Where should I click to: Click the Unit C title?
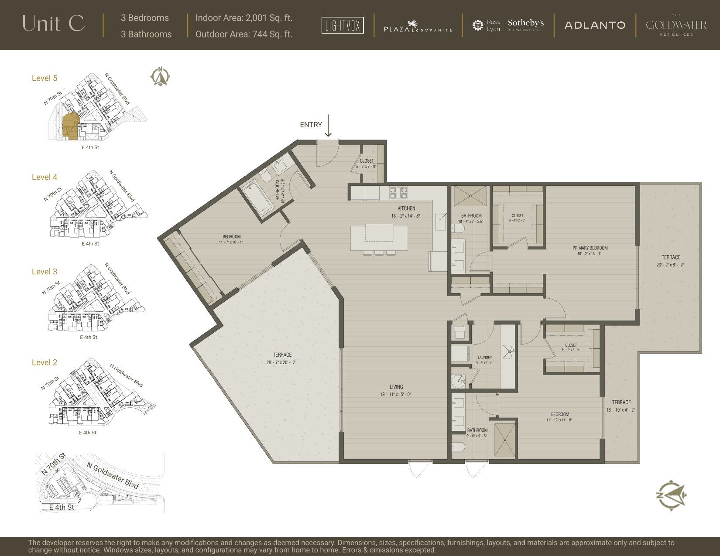click(x=53, y=24)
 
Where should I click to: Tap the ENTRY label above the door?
click(x=311, y=125)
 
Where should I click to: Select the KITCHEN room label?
click(x=406, y=208)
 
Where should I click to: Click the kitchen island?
click(x=379, y=238)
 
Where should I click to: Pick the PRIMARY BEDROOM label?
click(x=590, y=248)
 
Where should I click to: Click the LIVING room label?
click(x=396, y=387)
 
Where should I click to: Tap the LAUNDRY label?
click(x=484, y=357)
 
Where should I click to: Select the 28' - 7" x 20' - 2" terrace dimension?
click(x=281, y=362)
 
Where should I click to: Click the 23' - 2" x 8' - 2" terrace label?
click(x=670, y=265)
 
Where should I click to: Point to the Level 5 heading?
click(x=45, y=78)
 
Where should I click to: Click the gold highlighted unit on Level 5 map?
click(x=70, y=126)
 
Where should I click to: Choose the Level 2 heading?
click(x=45, y=362)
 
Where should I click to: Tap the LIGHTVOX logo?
click(x=343, y=25)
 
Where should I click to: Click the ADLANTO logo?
click(x=595, y=25)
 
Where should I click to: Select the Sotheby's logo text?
click(x=526, y=23)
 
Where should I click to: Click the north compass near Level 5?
click(x=160, y=77)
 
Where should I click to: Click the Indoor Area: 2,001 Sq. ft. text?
click(x=243, y=18)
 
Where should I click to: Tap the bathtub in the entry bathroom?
click(x=257, y=198)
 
